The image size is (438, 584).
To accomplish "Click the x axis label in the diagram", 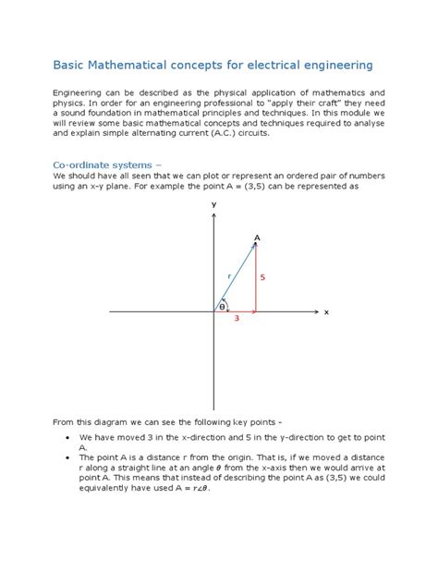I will pos(326,312).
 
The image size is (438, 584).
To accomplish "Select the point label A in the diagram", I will pos(257,237).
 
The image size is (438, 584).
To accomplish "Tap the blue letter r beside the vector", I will pos(229,276).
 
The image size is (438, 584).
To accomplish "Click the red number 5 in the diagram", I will pos(262,277).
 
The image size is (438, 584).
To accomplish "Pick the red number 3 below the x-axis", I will pos(236,320).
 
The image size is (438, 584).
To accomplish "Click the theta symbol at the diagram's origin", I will pos(222,305).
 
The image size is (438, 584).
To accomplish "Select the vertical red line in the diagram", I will pos(255,279).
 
